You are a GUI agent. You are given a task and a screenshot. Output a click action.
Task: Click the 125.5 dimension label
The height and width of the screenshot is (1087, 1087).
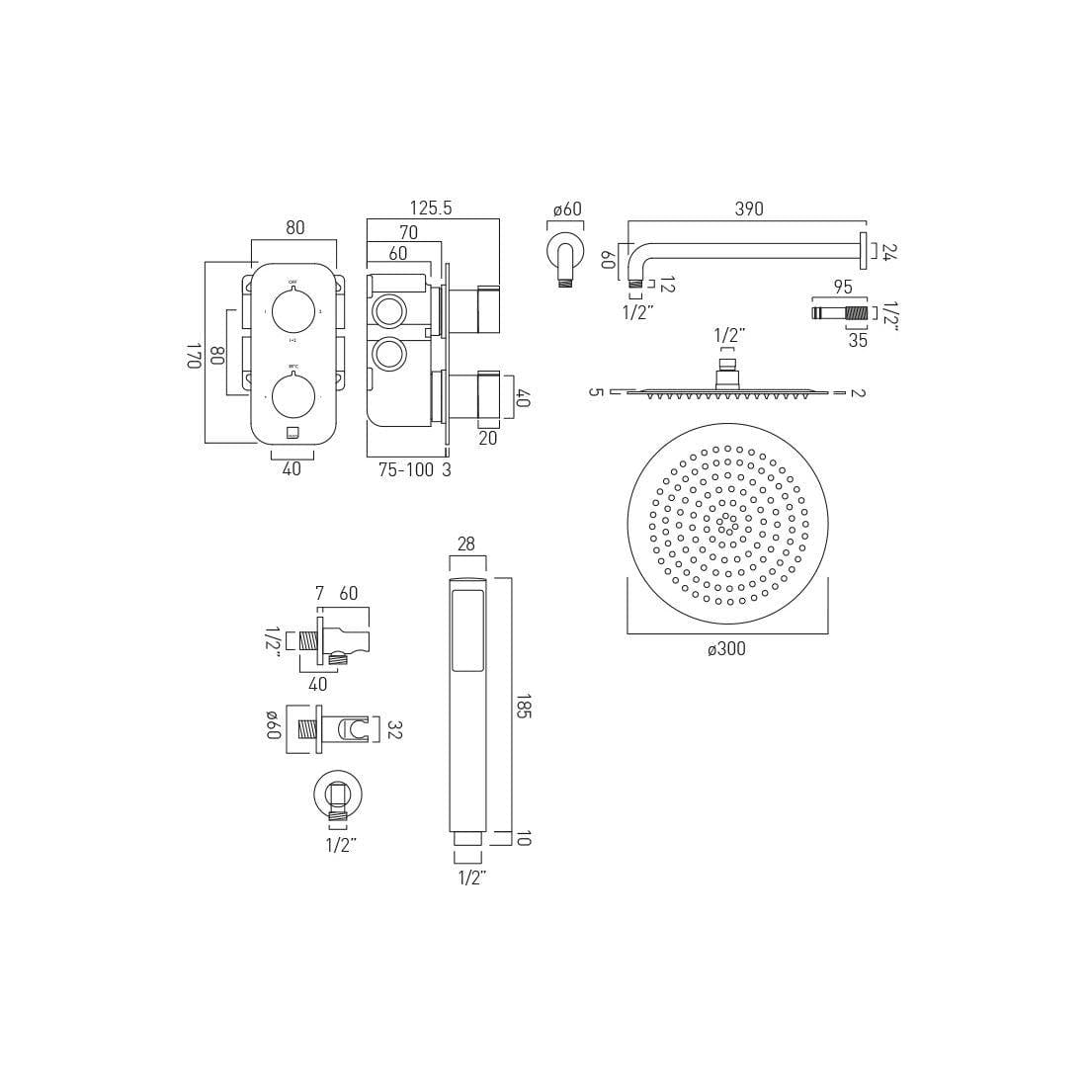tap(431, 208)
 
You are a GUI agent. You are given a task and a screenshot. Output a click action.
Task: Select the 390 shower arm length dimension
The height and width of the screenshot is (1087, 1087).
tap(748, 209)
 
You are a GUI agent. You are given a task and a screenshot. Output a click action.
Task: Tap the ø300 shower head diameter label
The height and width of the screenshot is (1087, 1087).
tap(726, 649)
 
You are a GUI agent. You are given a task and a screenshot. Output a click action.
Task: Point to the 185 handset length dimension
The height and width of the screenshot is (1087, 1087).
tap(524, 707)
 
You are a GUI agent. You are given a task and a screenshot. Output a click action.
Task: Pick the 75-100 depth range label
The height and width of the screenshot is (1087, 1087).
tap(406, 470)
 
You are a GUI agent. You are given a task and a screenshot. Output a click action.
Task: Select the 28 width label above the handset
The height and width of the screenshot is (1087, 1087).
tap(466, 544)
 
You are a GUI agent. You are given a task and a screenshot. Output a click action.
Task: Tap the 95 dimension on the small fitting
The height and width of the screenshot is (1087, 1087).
tap(842, 288)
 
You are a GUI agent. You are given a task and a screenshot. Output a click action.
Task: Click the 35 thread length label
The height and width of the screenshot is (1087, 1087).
tap(858, 340)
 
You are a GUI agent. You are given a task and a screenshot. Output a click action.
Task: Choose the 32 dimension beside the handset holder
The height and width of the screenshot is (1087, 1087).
tap(394, 729)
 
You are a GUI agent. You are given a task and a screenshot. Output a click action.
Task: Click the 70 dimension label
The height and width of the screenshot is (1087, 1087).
tap(408, 233)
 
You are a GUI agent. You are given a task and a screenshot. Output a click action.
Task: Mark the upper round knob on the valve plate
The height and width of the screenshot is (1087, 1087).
tap(293, 312)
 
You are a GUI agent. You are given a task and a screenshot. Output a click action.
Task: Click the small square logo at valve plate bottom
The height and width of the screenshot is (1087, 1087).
tap(293, 433)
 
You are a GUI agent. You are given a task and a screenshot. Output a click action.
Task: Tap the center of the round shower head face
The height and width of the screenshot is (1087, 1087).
tap(727, 522)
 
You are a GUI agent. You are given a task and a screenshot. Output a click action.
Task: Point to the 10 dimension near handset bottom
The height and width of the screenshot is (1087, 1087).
tap(524, 838)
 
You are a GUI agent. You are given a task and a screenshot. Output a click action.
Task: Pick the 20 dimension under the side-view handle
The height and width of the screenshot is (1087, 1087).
tap(487, 438)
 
